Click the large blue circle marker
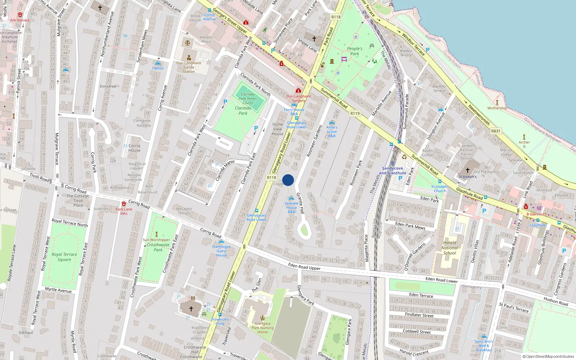click(288, 180)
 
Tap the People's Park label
click(355, 51)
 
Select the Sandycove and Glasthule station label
click(392, 171)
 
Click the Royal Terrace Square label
click(64, 257)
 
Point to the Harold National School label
click(450, 248)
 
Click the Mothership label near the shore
click(497, 108)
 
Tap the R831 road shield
click(496, 131)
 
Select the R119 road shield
click(355, 113)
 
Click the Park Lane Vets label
click(124, 211)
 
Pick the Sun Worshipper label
click(156, 240)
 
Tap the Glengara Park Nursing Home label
click(262, 328)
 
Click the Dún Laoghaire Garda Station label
click(189, 67)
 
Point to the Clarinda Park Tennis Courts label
click(248, 98)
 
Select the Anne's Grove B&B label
click(332, 131)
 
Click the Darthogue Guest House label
click(221, 251)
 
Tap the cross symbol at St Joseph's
click(468, 170)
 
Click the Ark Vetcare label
click(20, 20)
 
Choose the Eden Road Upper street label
click(304, 267)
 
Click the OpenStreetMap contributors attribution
click(550, 357)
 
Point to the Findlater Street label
click(419, 315)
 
